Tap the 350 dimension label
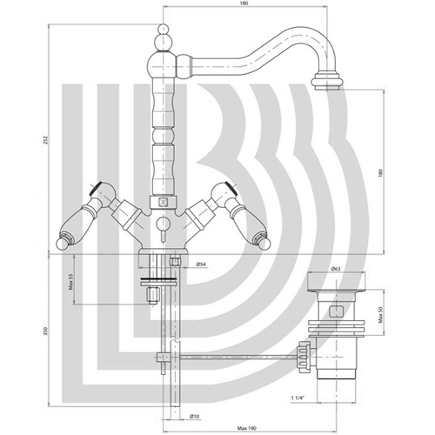point(45,331)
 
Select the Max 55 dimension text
point(70,282)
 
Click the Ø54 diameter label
point(201,264)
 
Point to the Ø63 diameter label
point(336,269)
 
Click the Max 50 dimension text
point(381,315)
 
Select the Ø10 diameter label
point(195,417)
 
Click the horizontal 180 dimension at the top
point(244,3)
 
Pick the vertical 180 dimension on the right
point(381,173)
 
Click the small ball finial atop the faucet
point(163,29)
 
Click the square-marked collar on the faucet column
point(164,202)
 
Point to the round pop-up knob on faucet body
point(162,224)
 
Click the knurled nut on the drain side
point(303,357)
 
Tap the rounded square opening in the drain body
point(337,311)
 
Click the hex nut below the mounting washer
point(152,296)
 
